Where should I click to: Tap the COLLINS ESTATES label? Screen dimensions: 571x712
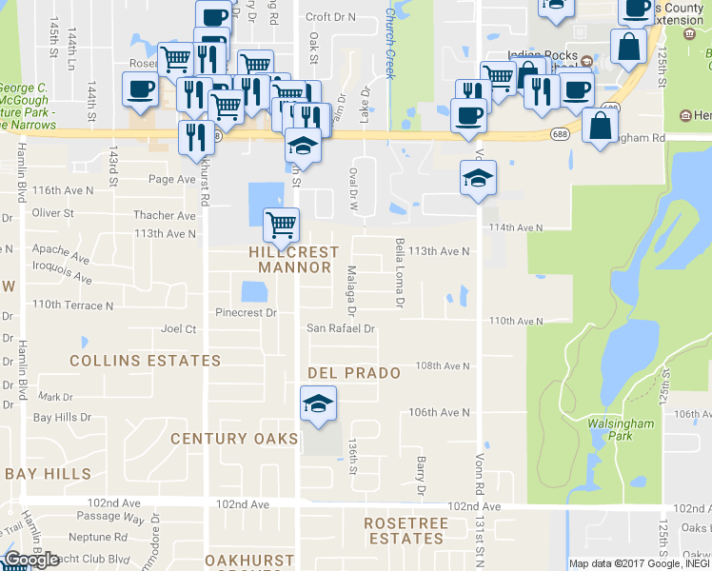point(146,361)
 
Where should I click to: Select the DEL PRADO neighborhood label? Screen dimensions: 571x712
point(353,373)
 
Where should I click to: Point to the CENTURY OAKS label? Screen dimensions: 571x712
point(234,439)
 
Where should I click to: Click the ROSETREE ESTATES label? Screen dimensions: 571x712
point(405,530)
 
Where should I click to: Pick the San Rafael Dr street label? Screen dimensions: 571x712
point(341,328)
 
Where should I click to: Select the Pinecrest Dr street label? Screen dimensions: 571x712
point(246,312)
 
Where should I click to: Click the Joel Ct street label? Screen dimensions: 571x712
point(179,329)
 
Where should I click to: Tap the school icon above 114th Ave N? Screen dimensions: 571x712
point(478,178)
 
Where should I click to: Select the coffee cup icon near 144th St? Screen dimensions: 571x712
point(140,90)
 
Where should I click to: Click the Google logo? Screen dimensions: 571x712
point(30,560)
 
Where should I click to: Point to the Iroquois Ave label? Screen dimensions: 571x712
point(63,274)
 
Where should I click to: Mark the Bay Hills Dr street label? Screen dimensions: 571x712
point(62,417)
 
